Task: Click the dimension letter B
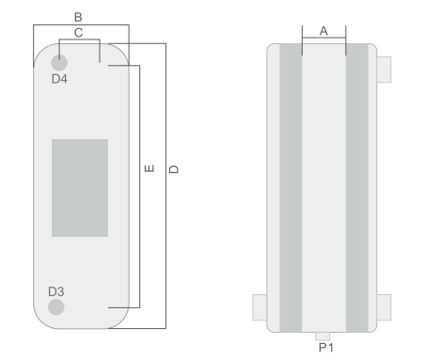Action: [78, 17]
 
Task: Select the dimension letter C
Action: [79, 33]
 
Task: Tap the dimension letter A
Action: [323, 31]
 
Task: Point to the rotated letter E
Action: [149, 168]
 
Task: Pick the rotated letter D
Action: [174, 169]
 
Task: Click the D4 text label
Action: [59, 79]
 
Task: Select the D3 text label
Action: [56, 291]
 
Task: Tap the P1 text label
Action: [326, 348]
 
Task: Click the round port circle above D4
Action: [59, 63]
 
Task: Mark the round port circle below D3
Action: [56, 307]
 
